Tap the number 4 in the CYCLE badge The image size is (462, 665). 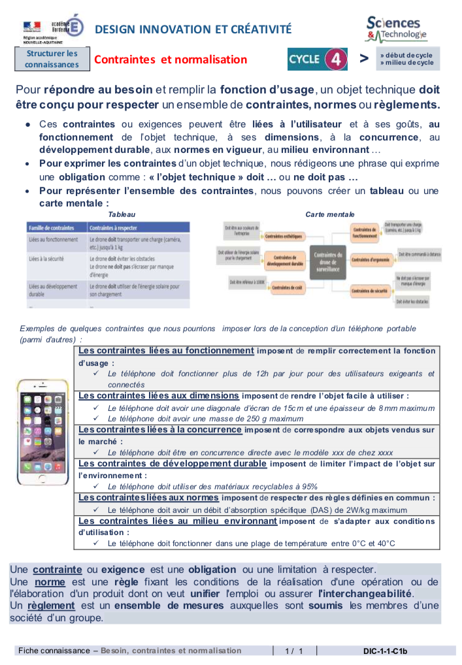[x=335, y=59]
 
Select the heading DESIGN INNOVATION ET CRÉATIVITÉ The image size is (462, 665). [x=193, y=29]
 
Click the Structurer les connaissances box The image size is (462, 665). [x=52, y=59]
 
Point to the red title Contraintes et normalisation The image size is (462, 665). [x=171, y=59]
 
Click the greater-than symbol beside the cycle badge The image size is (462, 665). [x=364, y=59]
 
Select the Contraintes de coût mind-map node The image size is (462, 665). [x=287, y=287]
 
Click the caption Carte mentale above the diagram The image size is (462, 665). [x=329, y=214]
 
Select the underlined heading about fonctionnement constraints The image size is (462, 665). [x=166, y=351]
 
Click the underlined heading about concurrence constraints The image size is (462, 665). [x=160, y=429]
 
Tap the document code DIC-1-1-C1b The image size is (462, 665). [x=385, y=651]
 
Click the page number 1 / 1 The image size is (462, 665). [x=294, y=651]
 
